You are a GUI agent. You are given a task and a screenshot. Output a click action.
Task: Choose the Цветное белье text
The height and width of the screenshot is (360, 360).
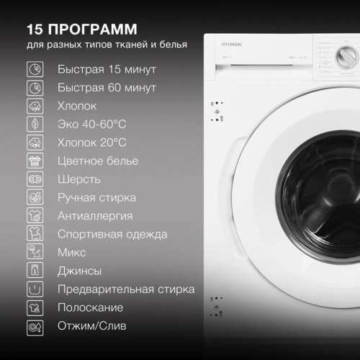click(98, 161)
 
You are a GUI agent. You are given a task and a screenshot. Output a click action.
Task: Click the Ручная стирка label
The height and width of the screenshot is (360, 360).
click(96, 197)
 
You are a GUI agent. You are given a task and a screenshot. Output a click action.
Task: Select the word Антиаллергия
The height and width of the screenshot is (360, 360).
click(94, 215)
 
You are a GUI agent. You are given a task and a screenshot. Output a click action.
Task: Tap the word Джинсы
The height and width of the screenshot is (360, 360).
click(79, 271)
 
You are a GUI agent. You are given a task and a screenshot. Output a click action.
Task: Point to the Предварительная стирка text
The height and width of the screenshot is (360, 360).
click(126, 289)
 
